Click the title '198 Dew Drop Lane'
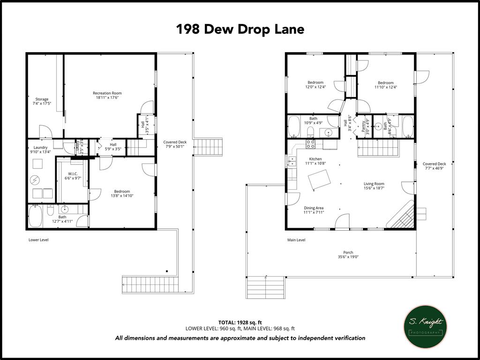[240, 29]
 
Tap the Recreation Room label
[107, 96]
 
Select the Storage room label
[42, 101]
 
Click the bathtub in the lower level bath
[36, 216]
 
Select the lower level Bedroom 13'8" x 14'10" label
[122, 194]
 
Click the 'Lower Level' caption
[38, 240]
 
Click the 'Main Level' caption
[296, 240]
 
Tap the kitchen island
[319, 180]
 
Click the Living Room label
[374, 186]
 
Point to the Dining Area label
[314, 210]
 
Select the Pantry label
[363, 127]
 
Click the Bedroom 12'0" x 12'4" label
[315, 85]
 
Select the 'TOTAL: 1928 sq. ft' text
[240, 322]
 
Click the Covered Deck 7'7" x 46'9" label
[434, 166]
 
